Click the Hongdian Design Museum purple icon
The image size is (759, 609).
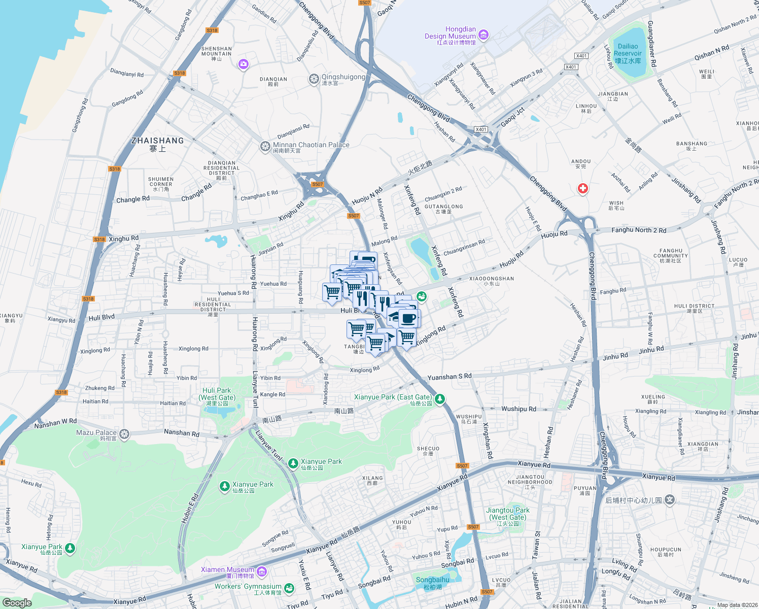tap(484, 35)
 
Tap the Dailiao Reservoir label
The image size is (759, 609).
tap(628, 53)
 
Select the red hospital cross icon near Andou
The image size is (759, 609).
tap(583, 189)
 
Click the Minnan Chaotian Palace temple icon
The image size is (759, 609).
tap(265, 147)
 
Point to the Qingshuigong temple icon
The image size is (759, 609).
tap(314, 79)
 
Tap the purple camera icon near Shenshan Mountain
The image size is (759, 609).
tap(244, 64)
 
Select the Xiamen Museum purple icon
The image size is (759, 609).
tap(262, 572)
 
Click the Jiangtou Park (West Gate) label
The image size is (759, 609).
tap(508, 514)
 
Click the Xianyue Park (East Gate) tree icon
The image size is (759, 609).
tap(440, 399)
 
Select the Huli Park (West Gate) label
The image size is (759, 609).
tap(217, 394)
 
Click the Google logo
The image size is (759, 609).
tap(17, 602)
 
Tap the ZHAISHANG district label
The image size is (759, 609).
tap(157, 141)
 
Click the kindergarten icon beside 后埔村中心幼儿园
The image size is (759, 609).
tap(670, 500)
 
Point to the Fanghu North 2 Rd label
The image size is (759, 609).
tap(639, 230)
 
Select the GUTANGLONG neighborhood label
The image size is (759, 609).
tap(443, 207)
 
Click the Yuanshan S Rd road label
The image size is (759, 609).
tap(450, 377)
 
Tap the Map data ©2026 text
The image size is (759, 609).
tap(735, 605)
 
